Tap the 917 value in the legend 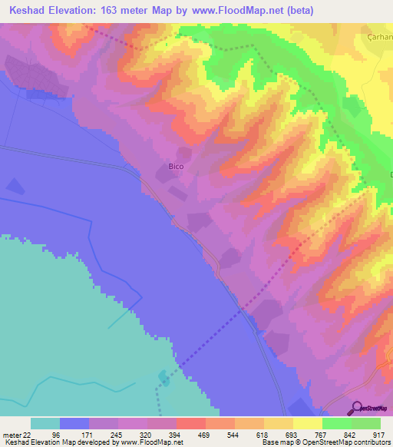(379, 435)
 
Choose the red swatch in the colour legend (190, 423)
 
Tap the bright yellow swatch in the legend (307, 423)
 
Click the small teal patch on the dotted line (163, 376)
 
